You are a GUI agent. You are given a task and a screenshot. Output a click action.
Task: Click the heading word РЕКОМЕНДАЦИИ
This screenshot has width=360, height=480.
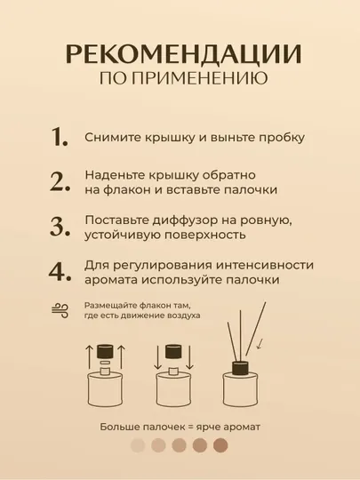tap(183, 54)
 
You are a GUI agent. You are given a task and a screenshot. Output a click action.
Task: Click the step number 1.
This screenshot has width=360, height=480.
tap(59, 137)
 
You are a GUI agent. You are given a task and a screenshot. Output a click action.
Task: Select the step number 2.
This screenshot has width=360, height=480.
tap(60, 182)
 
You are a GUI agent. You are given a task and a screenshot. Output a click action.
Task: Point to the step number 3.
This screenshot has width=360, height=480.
tap(60, 227)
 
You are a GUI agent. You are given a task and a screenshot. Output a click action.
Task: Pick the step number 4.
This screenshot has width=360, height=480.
tap(60, 272)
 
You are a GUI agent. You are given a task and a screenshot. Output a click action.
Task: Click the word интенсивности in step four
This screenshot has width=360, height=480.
tap(265, 265)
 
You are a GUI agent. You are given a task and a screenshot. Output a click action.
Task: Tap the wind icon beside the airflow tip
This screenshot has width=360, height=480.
tap(60, 311)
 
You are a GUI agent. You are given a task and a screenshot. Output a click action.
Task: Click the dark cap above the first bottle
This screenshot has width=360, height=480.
tap(105, 352)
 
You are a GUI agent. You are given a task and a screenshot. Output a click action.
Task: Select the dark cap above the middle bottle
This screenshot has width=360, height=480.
tap(173, 352)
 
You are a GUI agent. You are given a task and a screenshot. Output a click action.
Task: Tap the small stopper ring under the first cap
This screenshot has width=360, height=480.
tap(105, 363)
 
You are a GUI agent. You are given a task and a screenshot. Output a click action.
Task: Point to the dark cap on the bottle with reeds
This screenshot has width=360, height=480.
tap(240, 368)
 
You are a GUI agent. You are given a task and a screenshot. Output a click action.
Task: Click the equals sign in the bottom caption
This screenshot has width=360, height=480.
tap(191, 427)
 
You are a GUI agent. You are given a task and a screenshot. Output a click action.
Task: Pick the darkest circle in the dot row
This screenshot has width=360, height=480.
tap(220, 445)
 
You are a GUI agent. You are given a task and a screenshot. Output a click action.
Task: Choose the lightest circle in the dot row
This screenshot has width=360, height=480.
tap(138, 445)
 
